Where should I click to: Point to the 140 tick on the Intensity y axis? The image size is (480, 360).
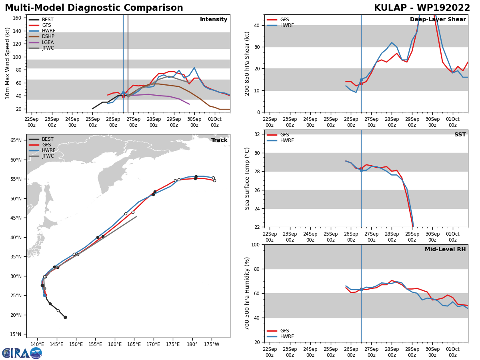(18, 31)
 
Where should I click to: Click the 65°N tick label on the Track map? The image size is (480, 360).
(16, 140)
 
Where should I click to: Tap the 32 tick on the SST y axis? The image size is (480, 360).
(258, 134)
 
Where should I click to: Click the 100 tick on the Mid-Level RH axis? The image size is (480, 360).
(255, 244)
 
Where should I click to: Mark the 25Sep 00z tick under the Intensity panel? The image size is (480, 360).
(92, 122)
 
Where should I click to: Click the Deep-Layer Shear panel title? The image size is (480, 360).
(438, 20)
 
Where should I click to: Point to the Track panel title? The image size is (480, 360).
(219, 140)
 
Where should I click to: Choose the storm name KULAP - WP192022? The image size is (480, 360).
(422, 8)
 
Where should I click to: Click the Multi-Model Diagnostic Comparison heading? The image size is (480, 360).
(94, 8)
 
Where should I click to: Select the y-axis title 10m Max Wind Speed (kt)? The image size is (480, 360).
(8, 63)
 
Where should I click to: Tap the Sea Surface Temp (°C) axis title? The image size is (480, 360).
(247, 178)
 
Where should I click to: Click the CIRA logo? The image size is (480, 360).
(22, 353)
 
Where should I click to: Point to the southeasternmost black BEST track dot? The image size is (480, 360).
(65, 317)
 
